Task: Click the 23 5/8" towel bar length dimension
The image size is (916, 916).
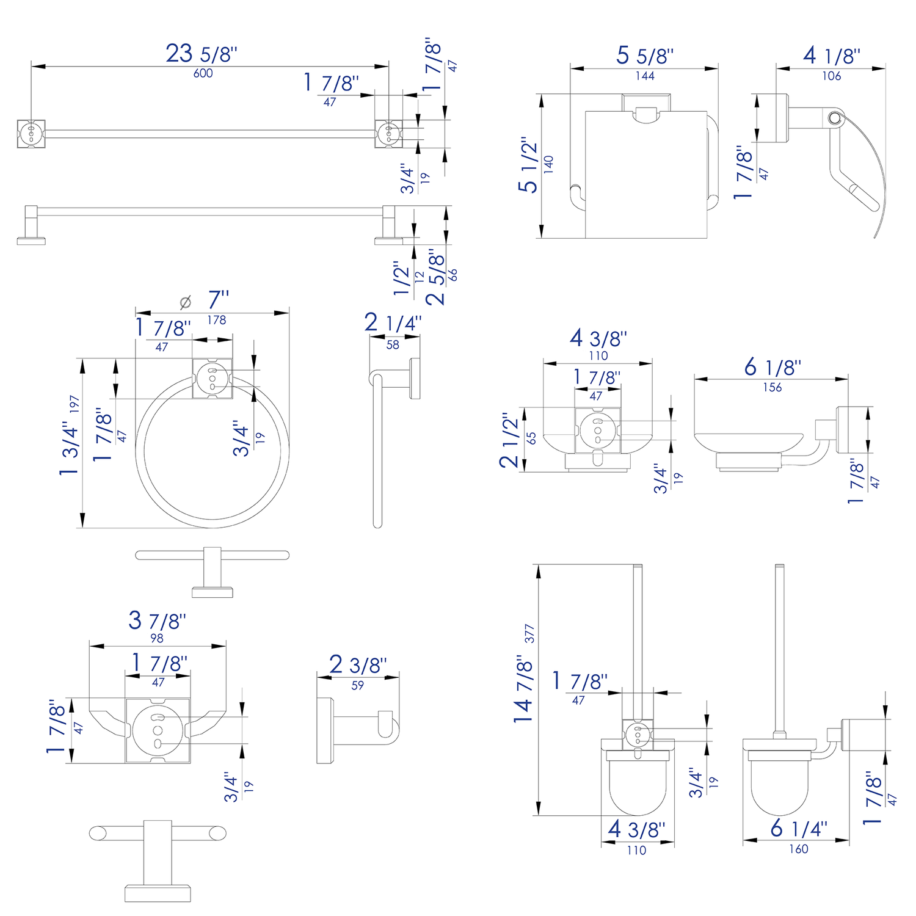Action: (x=201, y=54)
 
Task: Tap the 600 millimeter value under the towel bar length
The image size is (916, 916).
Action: (x=203, y=73)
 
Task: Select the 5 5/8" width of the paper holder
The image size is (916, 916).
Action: (x=644, y=56)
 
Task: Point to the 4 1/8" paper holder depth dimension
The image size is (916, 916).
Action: (x=831, y=56)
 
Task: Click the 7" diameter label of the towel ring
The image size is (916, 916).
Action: (x=218, y=300)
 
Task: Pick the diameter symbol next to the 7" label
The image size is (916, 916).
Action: (x=186, y=302)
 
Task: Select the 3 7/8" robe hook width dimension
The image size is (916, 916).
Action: (x=157, y=620)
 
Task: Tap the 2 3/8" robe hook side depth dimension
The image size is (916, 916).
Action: (x=358, y=665)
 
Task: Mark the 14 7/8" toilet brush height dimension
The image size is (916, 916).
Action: (x=523, y=690)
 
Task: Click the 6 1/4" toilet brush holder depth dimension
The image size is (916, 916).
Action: (x=798, y=829)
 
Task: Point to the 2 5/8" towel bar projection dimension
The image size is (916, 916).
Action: (x=436, y=277)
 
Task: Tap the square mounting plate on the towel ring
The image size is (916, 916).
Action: (x=213, y=379)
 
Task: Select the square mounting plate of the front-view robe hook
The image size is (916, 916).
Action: (x=158, y=730)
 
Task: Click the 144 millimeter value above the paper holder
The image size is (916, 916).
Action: (x=644, y=76)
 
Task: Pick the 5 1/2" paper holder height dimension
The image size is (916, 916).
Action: (x=528, y=165)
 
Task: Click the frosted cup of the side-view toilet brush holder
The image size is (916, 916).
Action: (x=779, y=788)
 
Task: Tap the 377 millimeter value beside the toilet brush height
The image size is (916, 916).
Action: (x=529, y=634)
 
